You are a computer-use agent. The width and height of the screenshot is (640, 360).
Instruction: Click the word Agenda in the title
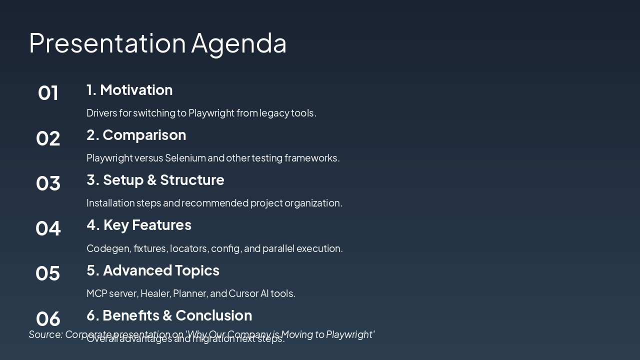[x=238, y=43]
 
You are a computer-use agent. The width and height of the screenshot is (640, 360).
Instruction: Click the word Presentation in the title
[x=107, y=43]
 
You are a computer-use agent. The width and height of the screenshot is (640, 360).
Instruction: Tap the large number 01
[x=48, y=93]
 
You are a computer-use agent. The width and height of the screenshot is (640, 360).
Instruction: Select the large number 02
[x=48, y=138]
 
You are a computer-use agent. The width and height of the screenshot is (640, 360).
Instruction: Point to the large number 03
[x=48, y=183]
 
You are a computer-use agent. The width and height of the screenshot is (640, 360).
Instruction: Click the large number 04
[x=48, y=228]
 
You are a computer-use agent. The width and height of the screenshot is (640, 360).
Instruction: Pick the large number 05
[x=48, y=273]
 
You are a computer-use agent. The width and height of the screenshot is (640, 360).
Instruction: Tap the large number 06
[x=48, y=318]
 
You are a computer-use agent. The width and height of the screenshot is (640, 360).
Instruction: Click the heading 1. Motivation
[x=129, y=90]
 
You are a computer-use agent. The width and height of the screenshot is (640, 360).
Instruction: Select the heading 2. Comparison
[x=136, y=135]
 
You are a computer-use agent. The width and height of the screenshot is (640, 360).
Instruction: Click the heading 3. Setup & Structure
[x=155, y=180]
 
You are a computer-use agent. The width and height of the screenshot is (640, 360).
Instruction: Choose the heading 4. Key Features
[x=139, y=225]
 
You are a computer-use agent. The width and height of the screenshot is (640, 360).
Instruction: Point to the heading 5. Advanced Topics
[x=153, y=270]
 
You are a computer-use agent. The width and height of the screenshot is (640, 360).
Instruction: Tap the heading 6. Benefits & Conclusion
[x=169, y=315]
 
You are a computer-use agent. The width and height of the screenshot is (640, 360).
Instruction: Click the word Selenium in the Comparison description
[x=185, y=158]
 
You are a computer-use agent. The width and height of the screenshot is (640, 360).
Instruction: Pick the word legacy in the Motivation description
[x=274, y=113]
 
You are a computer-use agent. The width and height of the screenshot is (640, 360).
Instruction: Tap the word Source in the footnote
[x=45, y=334]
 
